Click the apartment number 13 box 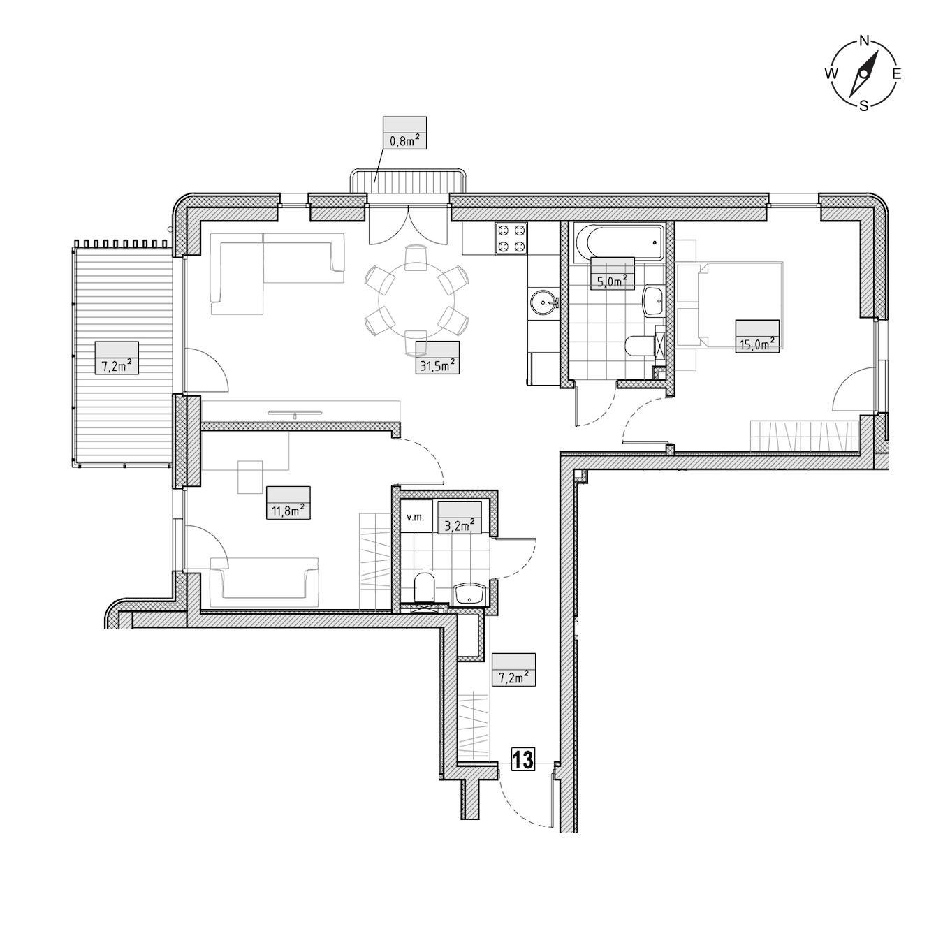point(523,759)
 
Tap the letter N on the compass point(864,41)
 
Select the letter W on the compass point(831,74)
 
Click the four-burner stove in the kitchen point(511,238)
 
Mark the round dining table point(416,301)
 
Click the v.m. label point(416,518)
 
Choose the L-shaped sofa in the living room point(277,273)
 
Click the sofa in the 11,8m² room point(265,582)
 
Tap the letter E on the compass point(897,74)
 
